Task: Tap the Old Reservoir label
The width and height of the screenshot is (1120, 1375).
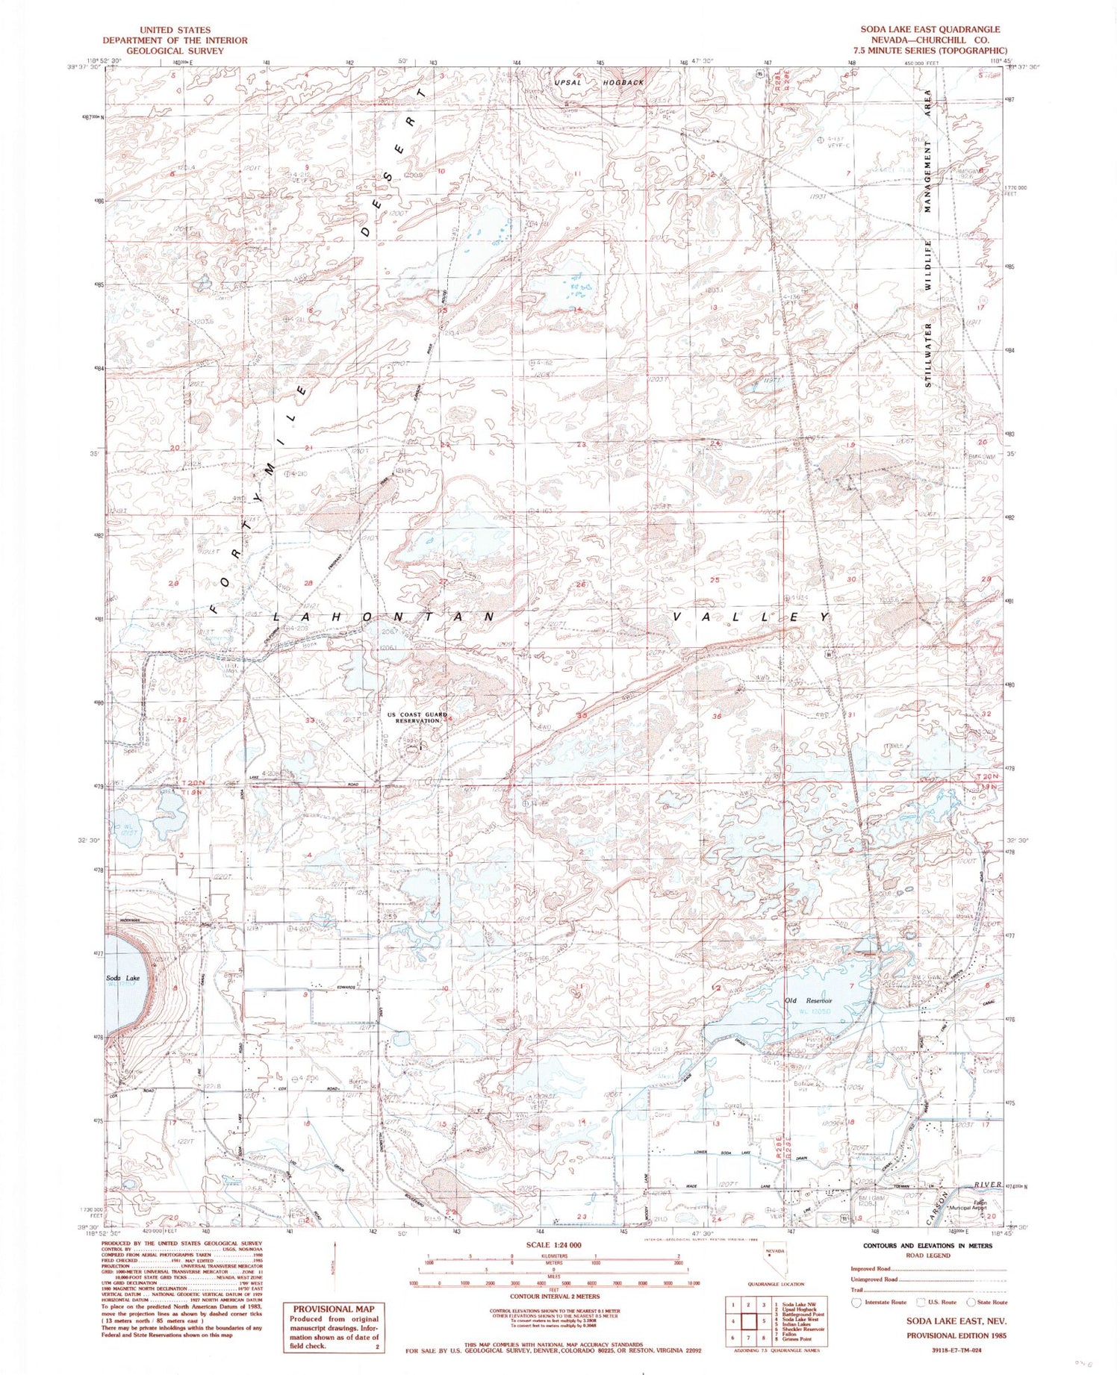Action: pos(808,1001)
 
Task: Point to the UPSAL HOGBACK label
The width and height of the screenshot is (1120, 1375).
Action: pos(599,82)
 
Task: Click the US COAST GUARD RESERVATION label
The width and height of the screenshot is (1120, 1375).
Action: pos(417,717)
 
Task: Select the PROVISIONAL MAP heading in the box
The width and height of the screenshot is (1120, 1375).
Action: pos(333,1309)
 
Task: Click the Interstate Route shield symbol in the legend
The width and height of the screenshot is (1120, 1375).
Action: pos(856,1302)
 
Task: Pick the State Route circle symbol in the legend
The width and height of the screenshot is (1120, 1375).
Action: pos(971,1302)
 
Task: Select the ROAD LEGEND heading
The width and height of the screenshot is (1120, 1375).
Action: pos(929,1256)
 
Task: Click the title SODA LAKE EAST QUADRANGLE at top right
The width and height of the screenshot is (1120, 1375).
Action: pos(930,29)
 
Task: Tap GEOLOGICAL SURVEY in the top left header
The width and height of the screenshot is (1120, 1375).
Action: pos(175,51)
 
